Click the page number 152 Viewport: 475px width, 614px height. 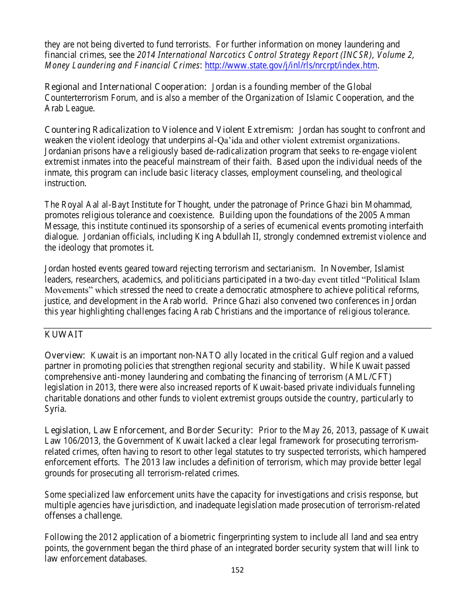[x=237, y=570]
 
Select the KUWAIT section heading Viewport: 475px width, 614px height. [x=63, y=334]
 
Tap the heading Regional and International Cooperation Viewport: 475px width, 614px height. [x=125, y=87]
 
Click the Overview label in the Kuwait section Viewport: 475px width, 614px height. [x=64, y=355]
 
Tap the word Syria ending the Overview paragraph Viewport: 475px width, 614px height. [x=54, y=409]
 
